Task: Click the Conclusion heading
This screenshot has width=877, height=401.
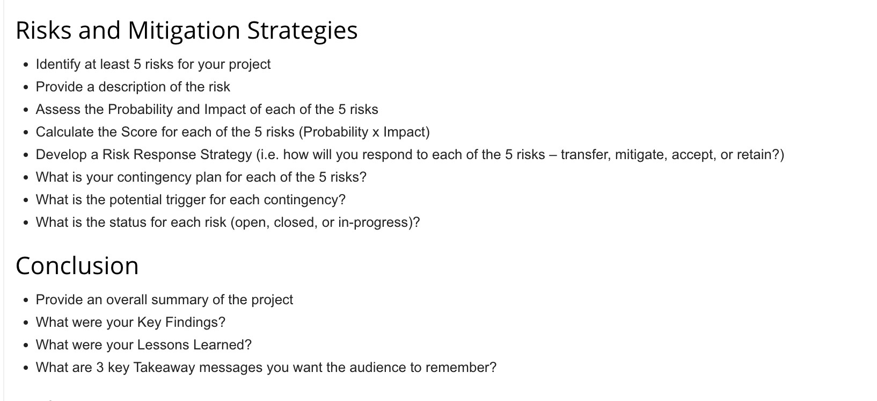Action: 77,266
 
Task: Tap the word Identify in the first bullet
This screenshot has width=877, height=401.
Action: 58,65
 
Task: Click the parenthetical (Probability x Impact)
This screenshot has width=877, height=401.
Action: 364,132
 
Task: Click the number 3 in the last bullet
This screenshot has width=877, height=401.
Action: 100,368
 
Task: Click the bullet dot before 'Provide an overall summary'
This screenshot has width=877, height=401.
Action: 26,300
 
